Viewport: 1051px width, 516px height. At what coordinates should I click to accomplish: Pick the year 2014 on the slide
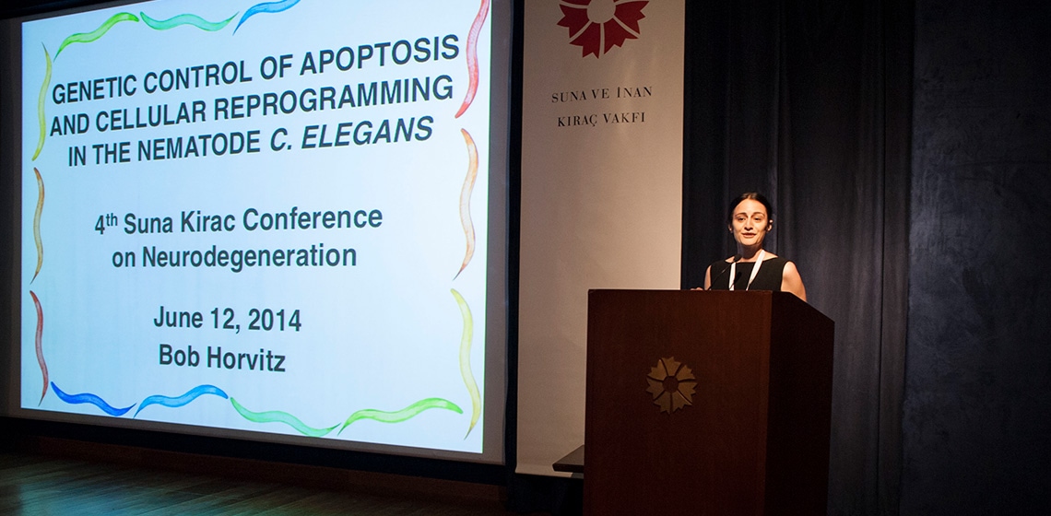click(x=274, y=321)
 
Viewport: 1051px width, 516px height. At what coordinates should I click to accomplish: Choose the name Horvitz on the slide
click(x=246, y=358)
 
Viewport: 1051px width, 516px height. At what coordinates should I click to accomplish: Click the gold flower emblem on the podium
click(x=671, y=384)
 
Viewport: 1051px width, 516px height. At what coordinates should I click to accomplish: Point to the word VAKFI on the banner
click(x=624, y=119)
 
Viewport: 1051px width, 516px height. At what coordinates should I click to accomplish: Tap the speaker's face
click(x=750, y=225)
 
